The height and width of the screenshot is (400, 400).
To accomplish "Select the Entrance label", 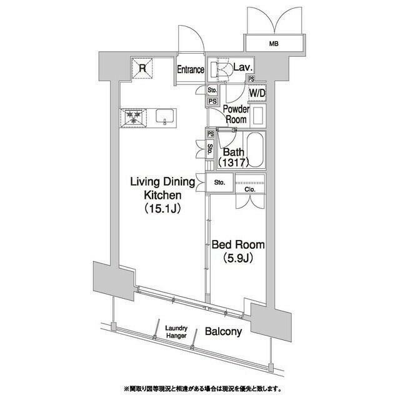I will click(190, 69).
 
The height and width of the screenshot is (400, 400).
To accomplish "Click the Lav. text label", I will click(242, 67).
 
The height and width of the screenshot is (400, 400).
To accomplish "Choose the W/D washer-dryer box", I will click(257, 94).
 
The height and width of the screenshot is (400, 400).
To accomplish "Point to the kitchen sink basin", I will click(164, 116).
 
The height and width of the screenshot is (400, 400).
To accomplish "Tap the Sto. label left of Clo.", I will click(219, 184).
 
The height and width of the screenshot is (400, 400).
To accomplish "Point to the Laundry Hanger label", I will click(177, 331).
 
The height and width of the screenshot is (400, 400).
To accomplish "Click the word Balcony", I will click(223, 332).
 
